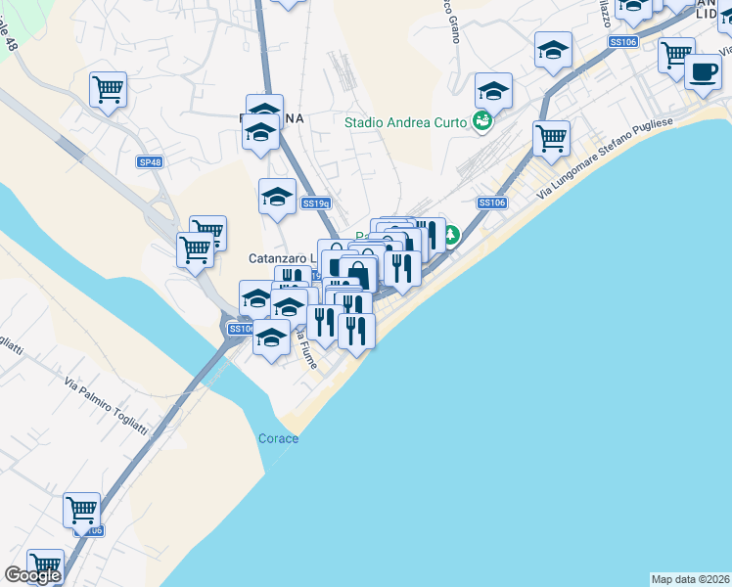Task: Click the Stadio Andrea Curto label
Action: [x=405, y=122]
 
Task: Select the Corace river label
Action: [x=278, y=438]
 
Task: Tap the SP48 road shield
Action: [x=150, y=161]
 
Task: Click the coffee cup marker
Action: [x=702, y=71]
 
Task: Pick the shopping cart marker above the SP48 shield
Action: [x=108, y=89]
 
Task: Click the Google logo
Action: [x=32, y=575]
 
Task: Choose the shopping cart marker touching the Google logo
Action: [x=45, y=565]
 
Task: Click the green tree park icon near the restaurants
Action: [x=450, y=235]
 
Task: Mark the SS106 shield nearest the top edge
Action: [x=623, y=42]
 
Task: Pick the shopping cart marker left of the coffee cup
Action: [x=676, y=55]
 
